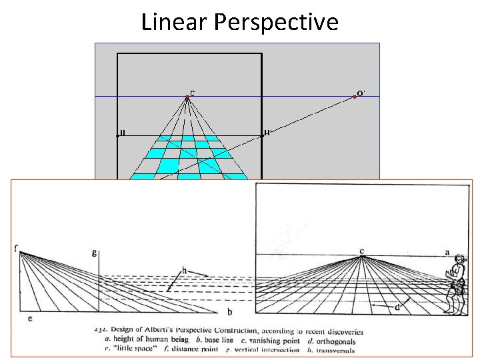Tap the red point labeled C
[x=187, y=97]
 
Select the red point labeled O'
[x=355, y=97]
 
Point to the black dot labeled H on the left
[x=117, y=135]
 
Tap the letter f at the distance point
[x=15, y=249]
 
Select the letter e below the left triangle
[x=30, y=319]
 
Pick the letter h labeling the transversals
[x=183, y=271]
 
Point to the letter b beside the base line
[x=229, y=311]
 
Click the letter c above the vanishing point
[x=361, y=251]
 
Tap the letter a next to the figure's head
[x=447, y=253]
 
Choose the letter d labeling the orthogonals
[x=397, y=307]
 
